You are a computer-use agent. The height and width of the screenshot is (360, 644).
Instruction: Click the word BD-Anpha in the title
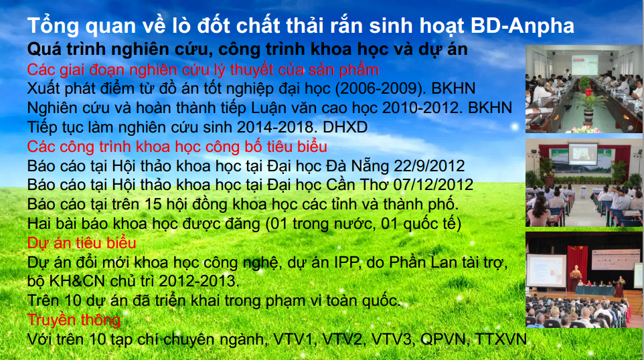[522, 26]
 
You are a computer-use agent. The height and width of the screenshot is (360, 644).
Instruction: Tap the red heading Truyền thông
[74, 320]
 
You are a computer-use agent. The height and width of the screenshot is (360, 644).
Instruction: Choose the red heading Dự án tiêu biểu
[81, 243]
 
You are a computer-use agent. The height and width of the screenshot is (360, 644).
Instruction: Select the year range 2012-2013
[199, 282]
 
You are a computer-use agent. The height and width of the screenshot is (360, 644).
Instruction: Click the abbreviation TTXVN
[501, 339]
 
